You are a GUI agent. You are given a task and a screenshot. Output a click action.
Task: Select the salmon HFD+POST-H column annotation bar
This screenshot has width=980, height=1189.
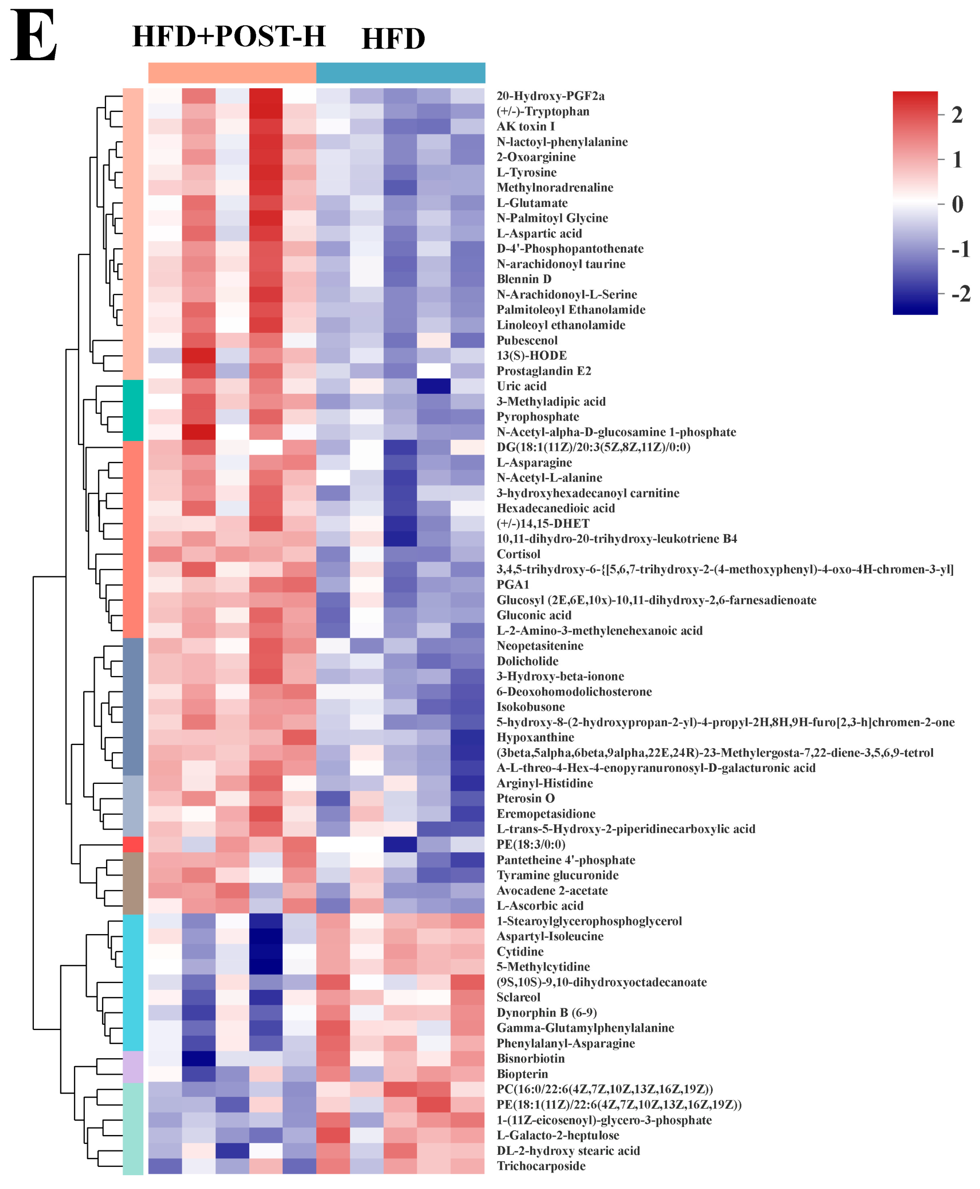[x=232, y=73]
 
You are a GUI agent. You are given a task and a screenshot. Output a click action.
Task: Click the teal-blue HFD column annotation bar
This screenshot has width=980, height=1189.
[x=400, y=73]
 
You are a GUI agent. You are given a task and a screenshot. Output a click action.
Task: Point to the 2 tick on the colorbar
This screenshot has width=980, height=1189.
[x=957, y=115]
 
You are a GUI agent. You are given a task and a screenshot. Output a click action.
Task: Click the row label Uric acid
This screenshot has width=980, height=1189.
[x=521, y=386]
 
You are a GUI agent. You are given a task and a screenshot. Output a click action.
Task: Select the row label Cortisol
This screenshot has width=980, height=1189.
[x=518, y=554]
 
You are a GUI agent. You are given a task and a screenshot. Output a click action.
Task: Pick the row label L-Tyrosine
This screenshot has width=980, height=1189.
[x=526, y=172]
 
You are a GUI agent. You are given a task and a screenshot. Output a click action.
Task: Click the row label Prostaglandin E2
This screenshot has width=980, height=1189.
[x=544, y=371]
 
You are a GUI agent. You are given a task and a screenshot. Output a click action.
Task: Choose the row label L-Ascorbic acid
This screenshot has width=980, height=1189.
[x=540, y=906]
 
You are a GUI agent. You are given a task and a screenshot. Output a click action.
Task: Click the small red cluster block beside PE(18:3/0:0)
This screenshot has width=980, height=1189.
[x=133, y=844]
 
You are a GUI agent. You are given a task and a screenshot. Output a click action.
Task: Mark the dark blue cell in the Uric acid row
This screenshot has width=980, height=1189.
[x=434, y=386]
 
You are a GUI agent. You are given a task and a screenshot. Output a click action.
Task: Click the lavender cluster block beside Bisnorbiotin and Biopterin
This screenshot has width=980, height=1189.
[x=133, y=1066]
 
